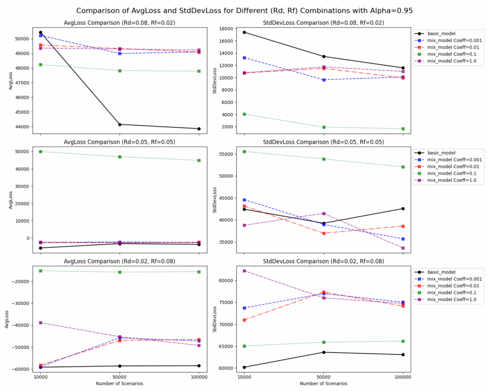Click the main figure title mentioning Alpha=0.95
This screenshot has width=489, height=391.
point(244,11)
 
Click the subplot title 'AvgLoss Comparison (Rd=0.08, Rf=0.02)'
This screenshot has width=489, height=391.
point(119,23)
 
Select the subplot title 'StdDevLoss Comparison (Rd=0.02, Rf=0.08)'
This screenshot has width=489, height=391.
point(323,261)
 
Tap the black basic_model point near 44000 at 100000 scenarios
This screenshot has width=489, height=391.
point(199,129)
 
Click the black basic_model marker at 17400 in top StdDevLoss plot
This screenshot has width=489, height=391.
point(244,32)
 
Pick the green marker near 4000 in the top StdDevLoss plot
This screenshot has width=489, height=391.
point(244,115)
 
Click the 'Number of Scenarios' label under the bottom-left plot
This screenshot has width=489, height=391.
point(119,383)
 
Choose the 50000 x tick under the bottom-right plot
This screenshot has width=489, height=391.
point(324,377)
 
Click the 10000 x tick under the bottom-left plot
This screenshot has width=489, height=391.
point(40,377)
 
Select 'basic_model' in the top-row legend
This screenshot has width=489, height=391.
point(441,34)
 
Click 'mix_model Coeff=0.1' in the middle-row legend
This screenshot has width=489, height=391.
point(452,173)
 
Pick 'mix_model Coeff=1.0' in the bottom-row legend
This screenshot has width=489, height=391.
point(452,300)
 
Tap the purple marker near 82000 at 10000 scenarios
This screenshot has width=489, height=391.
point(244,271)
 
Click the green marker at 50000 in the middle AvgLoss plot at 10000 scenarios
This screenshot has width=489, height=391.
point(40,151)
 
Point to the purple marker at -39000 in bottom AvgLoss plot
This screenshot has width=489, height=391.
point(40,323)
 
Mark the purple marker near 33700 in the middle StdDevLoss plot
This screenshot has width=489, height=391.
point(403,248)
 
